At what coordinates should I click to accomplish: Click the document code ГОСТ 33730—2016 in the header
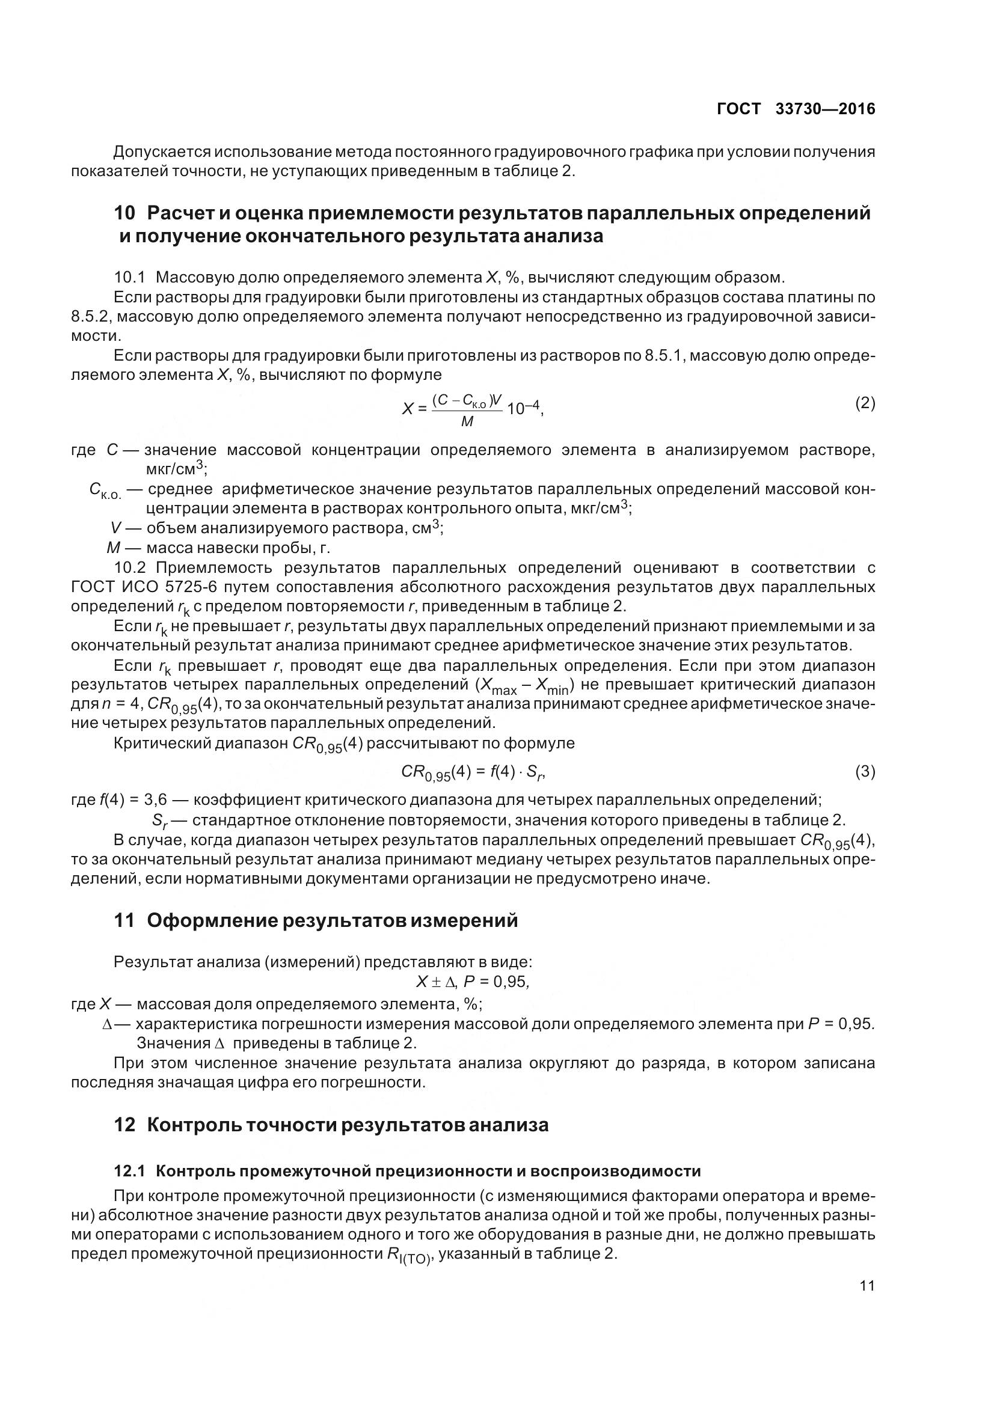[x=796, y=109]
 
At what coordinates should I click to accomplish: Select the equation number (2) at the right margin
[x=865, y=403]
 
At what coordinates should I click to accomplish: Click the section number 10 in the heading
[x=124, y=213]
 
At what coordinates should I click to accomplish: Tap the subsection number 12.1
[x=129, y=1171]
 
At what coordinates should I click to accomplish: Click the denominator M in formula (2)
[x=467, y=421]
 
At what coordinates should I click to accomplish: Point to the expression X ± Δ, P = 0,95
[x=472, y=982]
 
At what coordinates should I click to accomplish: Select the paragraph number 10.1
[x=129, y=277]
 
